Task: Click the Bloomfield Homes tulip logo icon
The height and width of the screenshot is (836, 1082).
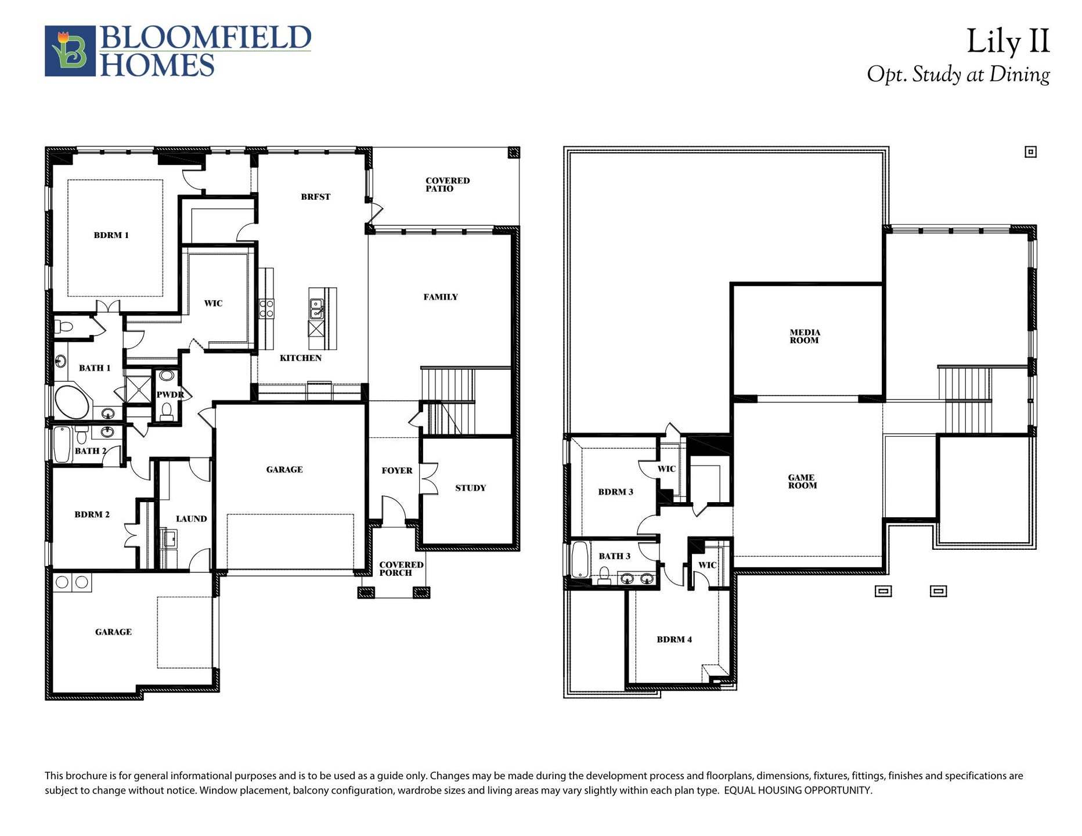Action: (70, 51)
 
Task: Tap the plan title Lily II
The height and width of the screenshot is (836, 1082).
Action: (1008, 42)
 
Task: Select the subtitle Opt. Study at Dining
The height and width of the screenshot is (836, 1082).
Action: (958, 75)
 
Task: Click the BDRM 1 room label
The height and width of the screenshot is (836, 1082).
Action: (111, 235)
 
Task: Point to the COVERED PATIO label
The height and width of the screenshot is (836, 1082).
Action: (447, 185)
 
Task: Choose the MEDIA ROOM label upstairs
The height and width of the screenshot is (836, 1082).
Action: (805, 337)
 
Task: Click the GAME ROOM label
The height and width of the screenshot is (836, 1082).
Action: (802, 482)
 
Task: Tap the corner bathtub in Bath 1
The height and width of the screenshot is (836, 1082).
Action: (71, 401)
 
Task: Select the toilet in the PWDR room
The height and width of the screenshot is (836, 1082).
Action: (167, 410)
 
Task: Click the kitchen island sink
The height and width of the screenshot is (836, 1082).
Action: (316, 309)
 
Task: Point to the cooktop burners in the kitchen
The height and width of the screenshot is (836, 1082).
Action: (266, 308)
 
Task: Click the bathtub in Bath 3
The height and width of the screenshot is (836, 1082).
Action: (580, 558)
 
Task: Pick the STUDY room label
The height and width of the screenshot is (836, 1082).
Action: (470, 488)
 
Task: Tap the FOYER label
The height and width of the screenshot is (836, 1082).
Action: (397, 471)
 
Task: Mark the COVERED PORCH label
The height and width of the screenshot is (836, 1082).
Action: (401, 569)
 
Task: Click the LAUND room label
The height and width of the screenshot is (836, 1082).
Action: (191, 519)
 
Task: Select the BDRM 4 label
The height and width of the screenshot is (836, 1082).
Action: (674, 640)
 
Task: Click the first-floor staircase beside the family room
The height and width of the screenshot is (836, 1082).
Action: (447, 401)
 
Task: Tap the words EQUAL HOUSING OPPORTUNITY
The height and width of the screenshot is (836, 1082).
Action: (798, 791)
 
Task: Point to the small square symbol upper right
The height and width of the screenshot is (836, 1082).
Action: (1030, 152)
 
